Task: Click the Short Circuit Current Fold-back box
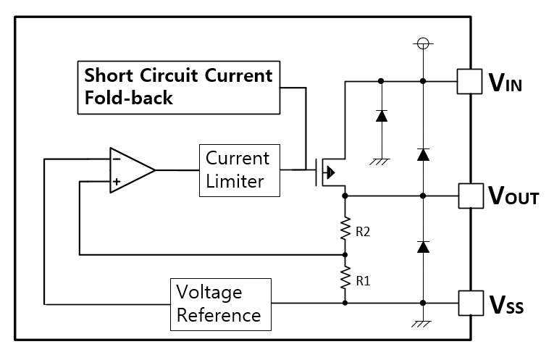click(179, 87)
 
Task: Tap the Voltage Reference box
click(220, 304)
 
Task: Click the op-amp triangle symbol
click(130, 170)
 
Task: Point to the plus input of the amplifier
click(116, 182)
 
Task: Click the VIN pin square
click(470, 81)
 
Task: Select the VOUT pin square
click(470, 196)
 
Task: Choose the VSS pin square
click(470, 302)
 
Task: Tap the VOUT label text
click(513, 196)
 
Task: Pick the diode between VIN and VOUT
click(423, 154)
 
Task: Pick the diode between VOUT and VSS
click(423, 247)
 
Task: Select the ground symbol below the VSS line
click(423, 324)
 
